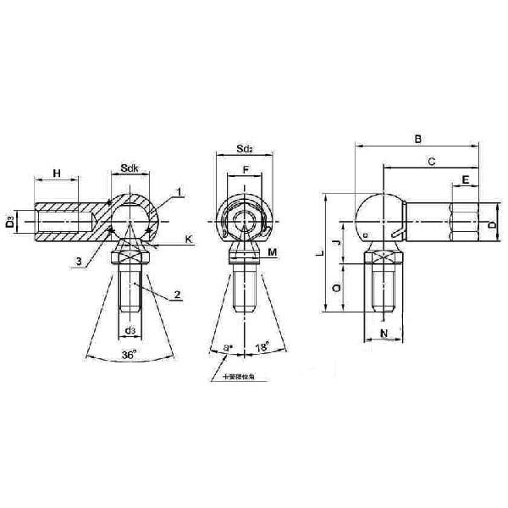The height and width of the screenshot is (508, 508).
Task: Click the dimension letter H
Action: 57,174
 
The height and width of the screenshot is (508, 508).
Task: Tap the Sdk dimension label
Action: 130,169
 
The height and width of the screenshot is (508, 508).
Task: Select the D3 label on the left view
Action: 10,223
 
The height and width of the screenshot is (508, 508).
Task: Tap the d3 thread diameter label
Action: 130,330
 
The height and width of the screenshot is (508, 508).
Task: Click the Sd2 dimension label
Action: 246,151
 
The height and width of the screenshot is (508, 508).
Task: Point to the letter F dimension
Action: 246,170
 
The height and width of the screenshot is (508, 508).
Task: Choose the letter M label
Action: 273,252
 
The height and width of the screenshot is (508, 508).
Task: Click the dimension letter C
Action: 432,159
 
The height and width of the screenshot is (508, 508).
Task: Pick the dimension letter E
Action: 466,179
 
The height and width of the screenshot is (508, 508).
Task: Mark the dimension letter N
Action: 384,334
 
